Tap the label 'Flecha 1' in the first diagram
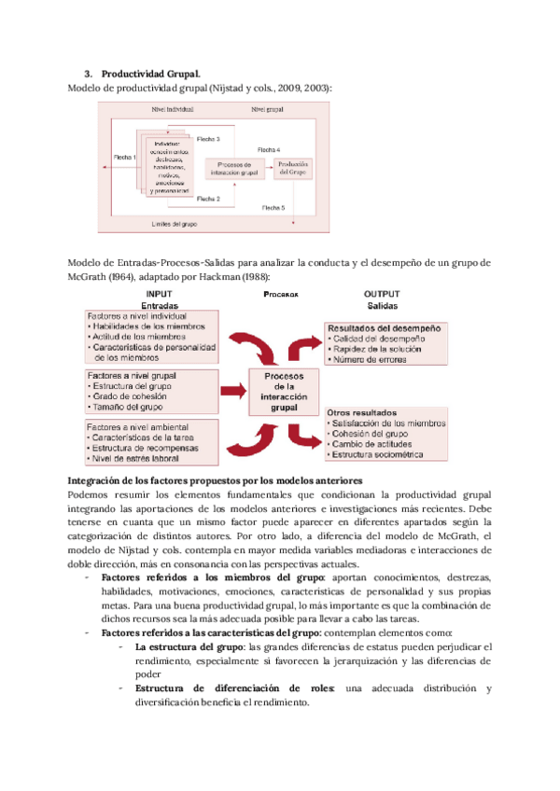125,159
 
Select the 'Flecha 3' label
208,139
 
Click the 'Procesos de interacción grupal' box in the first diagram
221,168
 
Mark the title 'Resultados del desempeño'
384,329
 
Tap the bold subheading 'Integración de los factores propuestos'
216,479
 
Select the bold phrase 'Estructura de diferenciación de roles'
238,688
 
